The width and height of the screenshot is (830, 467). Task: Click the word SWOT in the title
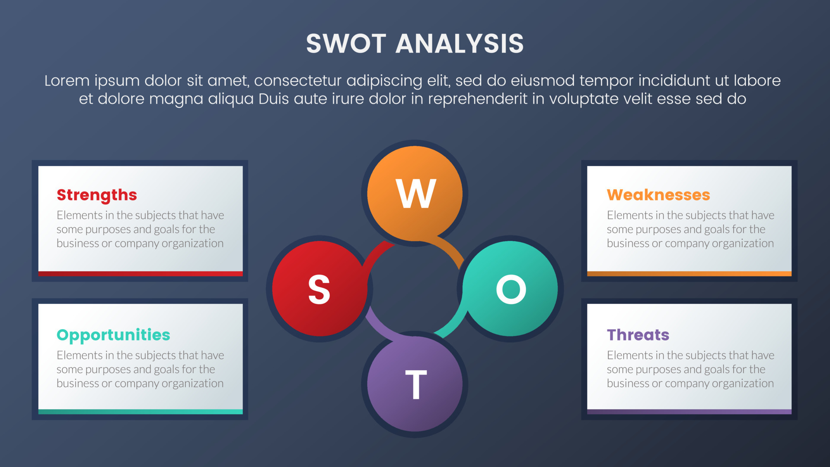pyautogui.click(x=346, y=44)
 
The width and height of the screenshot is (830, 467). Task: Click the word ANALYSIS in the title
pyautogui.click(x=460, y=44)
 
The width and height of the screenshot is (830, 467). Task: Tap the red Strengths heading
pyautogui.click(x=97, y=195)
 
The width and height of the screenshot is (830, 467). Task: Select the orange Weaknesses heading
pyautogui.click(x=658, y=195)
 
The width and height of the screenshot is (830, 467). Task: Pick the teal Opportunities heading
pyautogui.click(x=113, y=335)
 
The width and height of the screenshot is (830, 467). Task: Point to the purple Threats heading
pyautogui.click(x=638, y=335)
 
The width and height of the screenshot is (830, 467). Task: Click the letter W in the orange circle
pyautogui.click(x=415, y=194)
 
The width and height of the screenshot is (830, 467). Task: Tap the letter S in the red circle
pyautogui.click(x=319, y=290)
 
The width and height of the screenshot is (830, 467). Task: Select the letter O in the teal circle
pyautogui.click(x=511, y=289)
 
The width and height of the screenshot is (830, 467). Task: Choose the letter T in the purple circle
pyautogui.click(x=416, y=384)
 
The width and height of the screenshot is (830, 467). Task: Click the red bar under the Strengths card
pyautogui.click(x=140, y=274)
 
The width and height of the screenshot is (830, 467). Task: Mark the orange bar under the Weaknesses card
pyautogui.click(x=689, y=274)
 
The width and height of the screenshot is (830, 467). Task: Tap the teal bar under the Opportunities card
pyautogui.click(x=140, y=412)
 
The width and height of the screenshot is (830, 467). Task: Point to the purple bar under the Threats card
pyautogui.click(x=689, y=412)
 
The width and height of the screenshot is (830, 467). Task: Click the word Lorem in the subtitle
pyautogui.click(x=67, y=81)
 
